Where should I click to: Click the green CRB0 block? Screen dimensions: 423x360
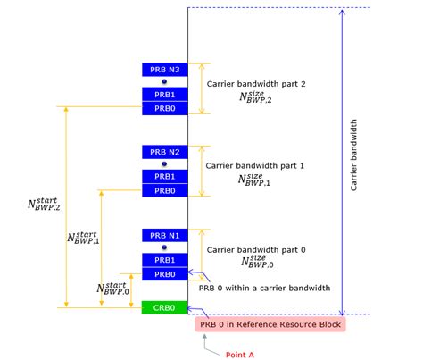(164, 307)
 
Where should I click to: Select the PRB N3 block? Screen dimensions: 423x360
(165, 70)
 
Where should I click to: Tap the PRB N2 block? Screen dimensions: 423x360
(165, 152)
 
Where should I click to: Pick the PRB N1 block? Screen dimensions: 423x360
(165, 236)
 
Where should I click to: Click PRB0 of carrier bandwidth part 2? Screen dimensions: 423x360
(165, 108)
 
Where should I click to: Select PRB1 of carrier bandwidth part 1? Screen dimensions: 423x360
(165, 177)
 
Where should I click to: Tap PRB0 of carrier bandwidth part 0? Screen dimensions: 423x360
(165, 274)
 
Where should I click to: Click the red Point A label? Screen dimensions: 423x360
(240, 355)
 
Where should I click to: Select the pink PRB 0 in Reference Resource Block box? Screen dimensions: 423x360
(270, 324)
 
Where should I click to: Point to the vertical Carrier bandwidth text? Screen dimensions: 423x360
(353, 155)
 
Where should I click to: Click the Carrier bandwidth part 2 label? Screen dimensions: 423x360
(256, 84)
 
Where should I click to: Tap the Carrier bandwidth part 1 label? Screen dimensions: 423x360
(255, 165)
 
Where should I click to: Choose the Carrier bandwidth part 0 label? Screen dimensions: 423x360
(256, 249)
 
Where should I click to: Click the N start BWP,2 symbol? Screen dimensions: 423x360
(44, 205)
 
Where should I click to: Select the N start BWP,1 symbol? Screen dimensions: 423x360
(83, 238)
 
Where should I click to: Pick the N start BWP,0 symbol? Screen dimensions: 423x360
(112, 289)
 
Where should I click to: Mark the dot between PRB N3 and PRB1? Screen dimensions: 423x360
(164, 81)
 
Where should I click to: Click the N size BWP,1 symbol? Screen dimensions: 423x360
(254, 180)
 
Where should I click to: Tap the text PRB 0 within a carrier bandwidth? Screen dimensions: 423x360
(264, 288)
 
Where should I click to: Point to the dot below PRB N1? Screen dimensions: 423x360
(164, 247)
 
